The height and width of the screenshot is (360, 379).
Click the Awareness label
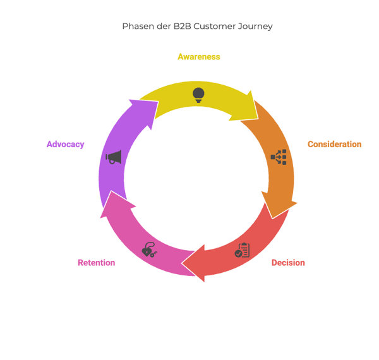coord(198,57)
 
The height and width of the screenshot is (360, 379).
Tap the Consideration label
coord(334,145)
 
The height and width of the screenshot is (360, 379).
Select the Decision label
coord(287,263)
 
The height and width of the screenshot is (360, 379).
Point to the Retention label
coord(96,263)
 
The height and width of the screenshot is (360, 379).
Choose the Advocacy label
coord(65,145)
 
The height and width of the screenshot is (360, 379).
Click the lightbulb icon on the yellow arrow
coord(198,95)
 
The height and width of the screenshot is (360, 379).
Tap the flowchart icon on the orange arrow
coord(279,157)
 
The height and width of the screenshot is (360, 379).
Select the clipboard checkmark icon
coord(242,250)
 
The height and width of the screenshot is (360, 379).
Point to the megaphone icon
coord(114,157)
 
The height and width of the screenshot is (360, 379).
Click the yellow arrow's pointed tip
coord(257,117)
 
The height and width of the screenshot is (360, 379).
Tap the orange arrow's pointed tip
coord(272,217)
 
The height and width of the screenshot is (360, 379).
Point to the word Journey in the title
coord(256,27)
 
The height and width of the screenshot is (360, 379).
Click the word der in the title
coord(163,27)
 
